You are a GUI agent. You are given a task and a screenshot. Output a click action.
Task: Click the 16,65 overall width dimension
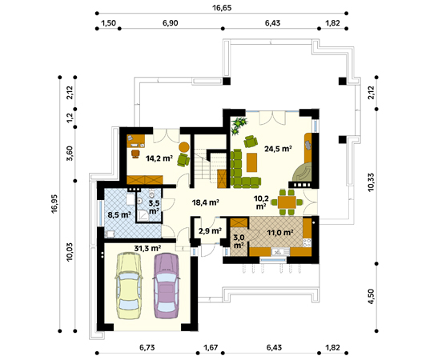222,8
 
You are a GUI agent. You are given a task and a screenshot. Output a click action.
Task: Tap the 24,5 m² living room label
278,149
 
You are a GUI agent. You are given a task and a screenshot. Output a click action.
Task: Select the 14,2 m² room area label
159,158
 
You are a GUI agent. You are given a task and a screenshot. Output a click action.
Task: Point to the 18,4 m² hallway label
206,202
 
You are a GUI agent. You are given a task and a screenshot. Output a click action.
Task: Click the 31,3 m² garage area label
147,248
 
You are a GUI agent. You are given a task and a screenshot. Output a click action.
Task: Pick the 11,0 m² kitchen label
280,233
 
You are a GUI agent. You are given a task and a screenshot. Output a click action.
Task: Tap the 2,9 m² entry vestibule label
210,231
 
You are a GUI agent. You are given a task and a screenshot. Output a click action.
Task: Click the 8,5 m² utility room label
119,214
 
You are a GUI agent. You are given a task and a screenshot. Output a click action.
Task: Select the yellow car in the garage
129,286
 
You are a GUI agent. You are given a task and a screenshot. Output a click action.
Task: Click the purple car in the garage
167,286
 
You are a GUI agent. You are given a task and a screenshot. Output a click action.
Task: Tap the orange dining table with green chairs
287,202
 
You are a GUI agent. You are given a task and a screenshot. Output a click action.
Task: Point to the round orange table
184,147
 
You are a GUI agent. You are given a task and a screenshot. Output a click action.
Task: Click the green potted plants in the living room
239,126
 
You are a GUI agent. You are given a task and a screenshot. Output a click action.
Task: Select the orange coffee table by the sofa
251,162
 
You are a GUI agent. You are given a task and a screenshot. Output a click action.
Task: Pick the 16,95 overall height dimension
54,204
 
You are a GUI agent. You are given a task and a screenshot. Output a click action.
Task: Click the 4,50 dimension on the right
371,297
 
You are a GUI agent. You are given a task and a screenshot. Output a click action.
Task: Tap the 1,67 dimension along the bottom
211,348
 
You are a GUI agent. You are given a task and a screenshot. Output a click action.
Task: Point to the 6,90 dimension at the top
171,23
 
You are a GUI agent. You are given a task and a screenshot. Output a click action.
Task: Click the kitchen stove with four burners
307,242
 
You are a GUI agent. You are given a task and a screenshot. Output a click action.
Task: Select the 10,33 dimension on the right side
371,182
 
